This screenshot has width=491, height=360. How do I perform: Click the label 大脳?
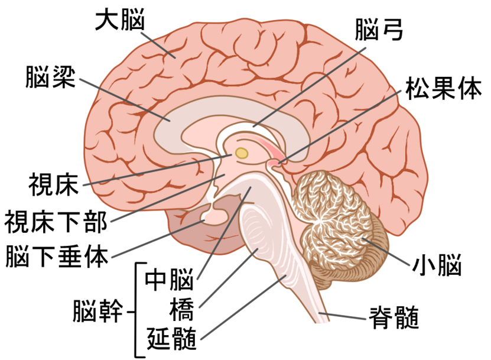point(120,19)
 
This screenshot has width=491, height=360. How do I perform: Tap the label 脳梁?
point(51,77)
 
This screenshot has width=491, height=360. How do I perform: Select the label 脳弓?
point(379,30)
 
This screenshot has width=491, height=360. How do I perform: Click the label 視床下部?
point(56,222)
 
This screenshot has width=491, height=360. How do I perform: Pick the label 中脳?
point(169,279)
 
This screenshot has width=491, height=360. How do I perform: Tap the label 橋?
point(182,309)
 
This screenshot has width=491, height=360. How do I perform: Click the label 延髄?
point(171,339)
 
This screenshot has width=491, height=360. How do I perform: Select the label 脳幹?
point(97,311)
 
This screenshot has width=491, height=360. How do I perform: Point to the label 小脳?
point(437,265)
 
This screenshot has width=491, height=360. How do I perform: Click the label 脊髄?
point(395,317)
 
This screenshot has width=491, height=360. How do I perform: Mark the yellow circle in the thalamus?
point(242,153)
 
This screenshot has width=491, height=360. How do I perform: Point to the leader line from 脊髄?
point(342,316)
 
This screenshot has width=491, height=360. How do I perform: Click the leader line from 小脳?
point(386,252)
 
